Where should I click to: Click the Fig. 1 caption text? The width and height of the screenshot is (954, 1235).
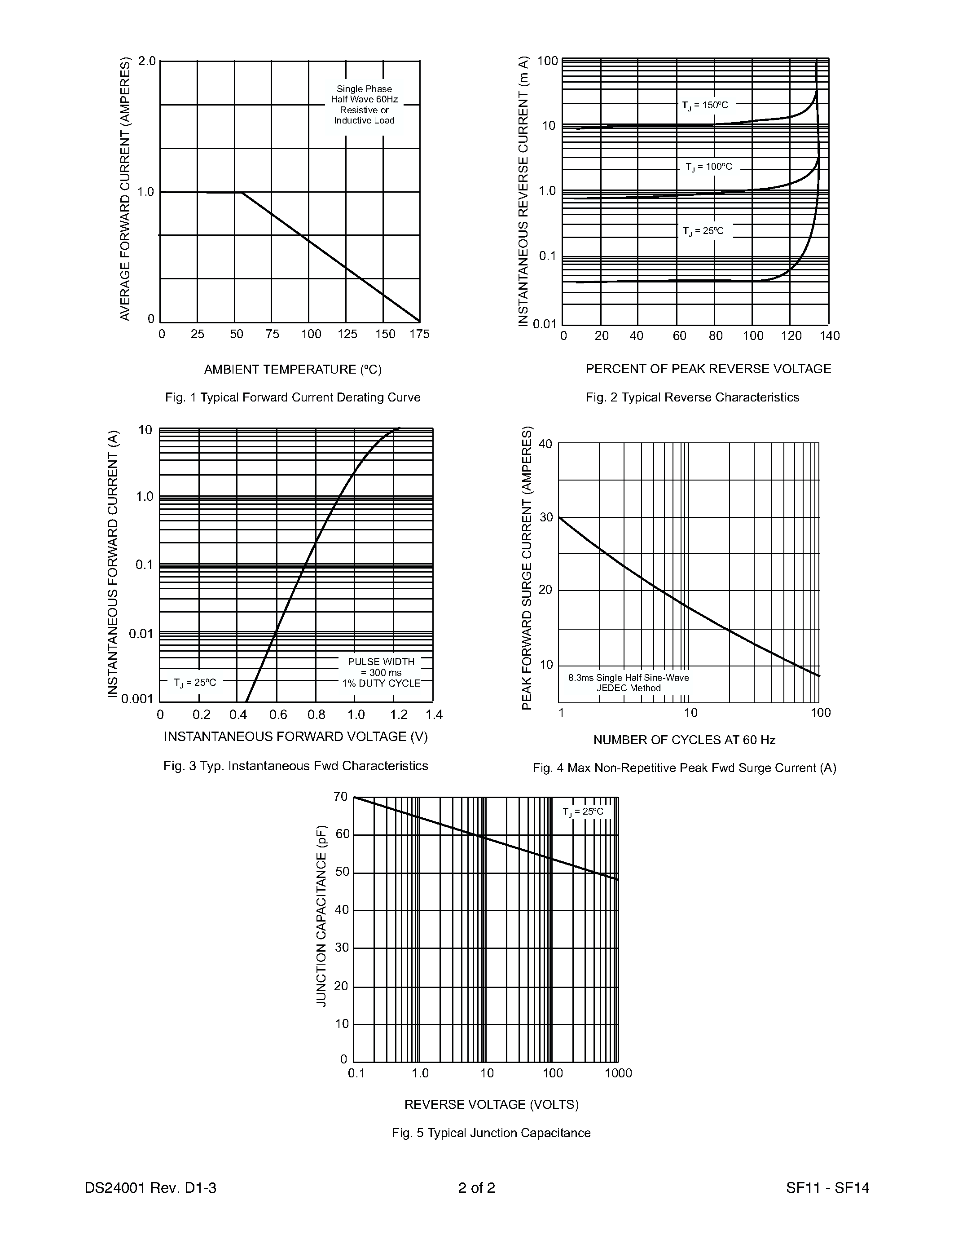(x=293, y=397)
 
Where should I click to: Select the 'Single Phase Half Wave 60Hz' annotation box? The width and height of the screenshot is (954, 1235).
(x=365, y=105)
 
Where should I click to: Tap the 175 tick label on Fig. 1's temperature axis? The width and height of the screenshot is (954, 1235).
(x=419, y=334)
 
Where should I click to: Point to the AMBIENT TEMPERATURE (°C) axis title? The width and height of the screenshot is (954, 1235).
(x=293, y=370)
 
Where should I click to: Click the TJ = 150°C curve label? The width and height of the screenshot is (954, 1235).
(x=705, y=105)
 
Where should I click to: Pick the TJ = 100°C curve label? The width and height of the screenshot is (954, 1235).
(x=709, y=167)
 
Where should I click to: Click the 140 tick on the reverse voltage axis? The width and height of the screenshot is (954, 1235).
(x=830, y=336)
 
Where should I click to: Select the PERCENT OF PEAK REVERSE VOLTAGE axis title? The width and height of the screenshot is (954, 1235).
(x=708, y=369)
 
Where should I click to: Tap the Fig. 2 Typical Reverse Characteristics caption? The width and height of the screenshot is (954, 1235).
(x=692, y=397)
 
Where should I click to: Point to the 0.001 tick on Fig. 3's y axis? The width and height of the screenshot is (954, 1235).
(x=137, y=699)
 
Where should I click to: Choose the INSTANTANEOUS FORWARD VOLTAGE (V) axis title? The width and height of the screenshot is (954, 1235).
(x=295, y=737)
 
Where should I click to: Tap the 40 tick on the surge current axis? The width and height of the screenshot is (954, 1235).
(x=545, y=444)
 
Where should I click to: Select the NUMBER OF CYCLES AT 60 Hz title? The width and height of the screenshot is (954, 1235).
(x=685, y=740)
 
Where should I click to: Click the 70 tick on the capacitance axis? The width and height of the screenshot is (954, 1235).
(x=341, y=797)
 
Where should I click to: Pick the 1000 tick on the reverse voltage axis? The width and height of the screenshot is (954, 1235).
(x=618, y=1073)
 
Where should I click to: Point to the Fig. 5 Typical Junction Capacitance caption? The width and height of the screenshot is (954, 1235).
(x=491, y=1133)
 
